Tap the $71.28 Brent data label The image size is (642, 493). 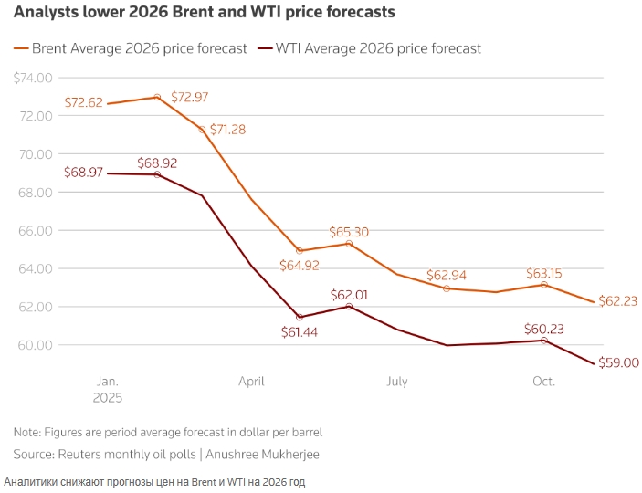(x=228, y=130)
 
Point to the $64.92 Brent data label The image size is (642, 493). (x=300, y=267)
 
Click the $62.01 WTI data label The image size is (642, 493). (x=350, y=294)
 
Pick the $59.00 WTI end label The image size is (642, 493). (x=618, y=362)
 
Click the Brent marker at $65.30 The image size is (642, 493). (x=349, y=244)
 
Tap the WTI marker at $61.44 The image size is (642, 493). (x=300, y=317)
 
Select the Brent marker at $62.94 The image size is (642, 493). (x=447, y=288)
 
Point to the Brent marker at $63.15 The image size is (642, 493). (x=544, y=285)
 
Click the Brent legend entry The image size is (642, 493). (x=131, y=48)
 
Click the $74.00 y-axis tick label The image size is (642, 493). (x=33, y=78)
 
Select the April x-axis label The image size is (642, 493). (x=251, y=382)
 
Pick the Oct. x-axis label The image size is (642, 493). (x=543, y=382)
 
